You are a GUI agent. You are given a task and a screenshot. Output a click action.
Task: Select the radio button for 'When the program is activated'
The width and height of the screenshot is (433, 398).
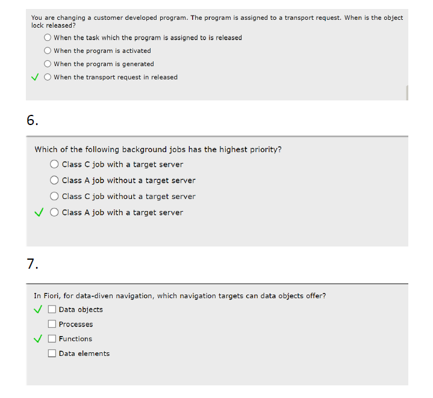(x=48, y=51)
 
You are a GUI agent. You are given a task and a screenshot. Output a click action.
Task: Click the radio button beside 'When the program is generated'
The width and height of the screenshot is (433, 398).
(x=48, y=64)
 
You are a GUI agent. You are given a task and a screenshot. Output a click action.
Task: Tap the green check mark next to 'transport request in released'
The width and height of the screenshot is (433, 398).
(x=36, y=77)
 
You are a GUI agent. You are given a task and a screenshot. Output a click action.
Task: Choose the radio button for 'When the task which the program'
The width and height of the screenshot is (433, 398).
(x=48, y=37)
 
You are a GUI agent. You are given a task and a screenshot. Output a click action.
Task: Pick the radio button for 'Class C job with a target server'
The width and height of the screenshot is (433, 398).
(x=54, y=164)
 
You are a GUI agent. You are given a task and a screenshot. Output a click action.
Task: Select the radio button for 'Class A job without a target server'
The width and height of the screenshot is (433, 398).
(x=54, y=180)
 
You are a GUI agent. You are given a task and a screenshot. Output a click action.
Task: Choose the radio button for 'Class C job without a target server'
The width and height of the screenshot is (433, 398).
(x=54, y=197)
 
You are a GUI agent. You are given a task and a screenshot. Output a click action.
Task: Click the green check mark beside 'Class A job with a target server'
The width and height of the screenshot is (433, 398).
(x=39, y=212)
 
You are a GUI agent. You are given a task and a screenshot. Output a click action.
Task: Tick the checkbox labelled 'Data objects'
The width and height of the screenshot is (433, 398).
(x=52, y=310)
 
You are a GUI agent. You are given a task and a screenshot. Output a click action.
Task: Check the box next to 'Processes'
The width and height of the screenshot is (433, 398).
(x=52, y=324)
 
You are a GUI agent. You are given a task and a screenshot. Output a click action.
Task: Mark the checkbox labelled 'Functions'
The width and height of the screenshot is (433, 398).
(x=52, y=338)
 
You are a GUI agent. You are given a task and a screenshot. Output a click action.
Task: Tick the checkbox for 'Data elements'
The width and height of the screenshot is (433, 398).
(x=52, y=354)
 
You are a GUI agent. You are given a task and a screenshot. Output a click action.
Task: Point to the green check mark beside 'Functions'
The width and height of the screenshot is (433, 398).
(x=39, y=338)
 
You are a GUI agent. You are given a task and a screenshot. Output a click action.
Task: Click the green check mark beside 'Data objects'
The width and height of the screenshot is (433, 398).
(x=39, y=310)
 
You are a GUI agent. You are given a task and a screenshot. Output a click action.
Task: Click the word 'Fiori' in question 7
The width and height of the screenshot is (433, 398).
(x=51, y=296)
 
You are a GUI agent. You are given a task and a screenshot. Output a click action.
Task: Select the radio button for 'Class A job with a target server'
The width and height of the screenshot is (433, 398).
(x=54, y=212)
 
